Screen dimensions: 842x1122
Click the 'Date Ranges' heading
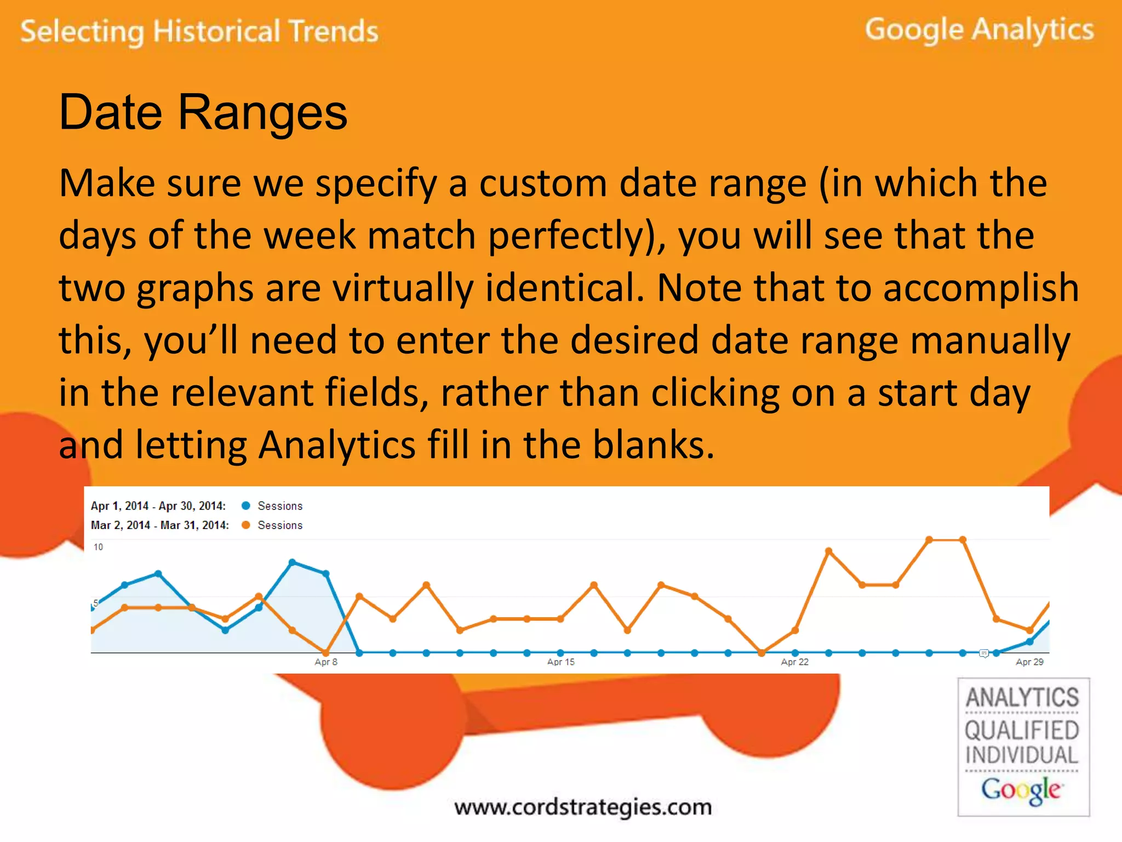[x=203, y=112]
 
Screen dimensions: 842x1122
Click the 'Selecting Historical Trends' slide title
[x=199, y=31]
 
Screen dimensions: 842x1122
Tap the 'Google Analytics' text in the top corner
[x=979, y=30]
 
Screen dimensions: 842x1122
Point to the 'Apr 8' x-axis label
[x=326, y=662]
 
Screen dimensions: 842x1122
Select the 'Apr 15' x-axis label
[x=560, y=662]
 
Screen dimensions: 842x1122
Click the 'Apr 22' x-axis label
[x=794, y=662]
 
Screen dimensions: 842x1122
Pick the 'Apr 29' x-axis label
[x=1029, y=662]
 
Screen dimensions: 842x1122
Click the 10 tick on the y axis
[x=98, y=547]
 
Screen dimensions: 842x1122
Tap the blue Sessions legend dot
[x=246, y=505]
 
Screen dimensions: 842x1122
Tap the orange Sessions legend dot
[x=246, y=525]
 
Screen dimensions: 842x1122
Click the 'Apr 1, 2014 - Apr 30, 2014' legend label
[x=158, y=506]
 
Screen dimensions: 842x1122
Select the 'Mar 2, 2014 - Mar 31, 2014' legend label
[x=160, y=525]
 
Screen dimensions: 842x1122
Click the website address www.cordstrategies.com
[x=583, y=807]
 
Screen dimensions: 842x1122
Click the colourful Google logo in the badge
[x=1022, y=790]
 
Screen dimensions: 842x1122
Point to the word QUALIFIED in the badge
[x=1022, y=731]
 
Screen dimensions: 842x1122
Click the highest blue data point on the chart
[x=292, y=562]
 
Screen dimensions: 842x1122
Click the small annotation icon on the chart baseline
[x=984, y=653]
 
